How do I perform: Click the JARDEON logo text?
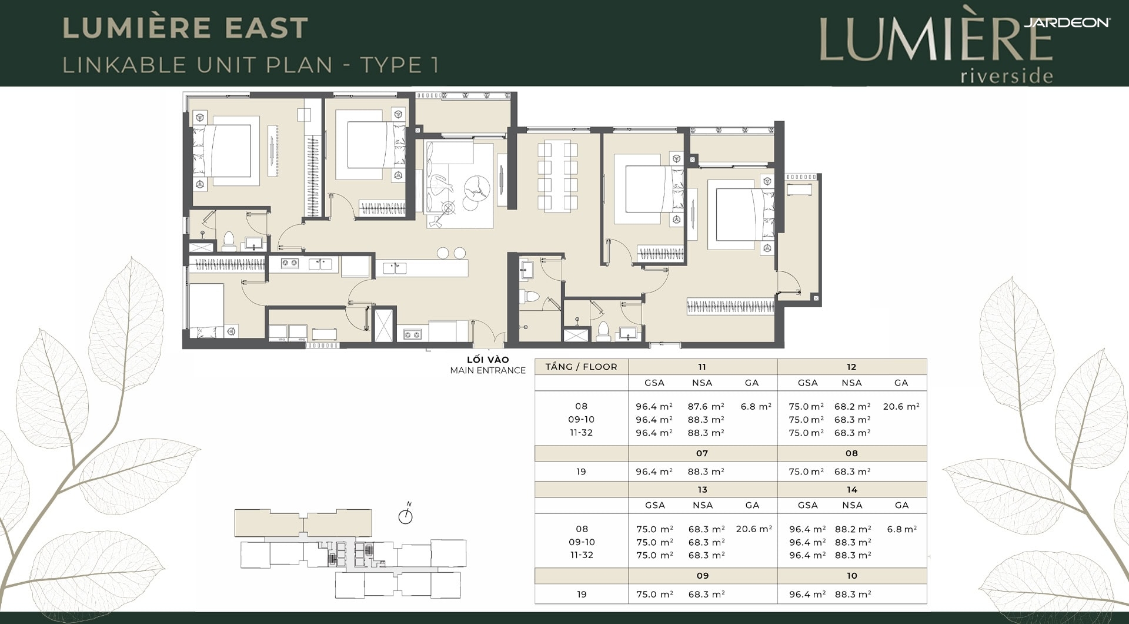[1067, 22]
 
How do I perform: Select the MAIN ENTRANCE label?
[487, 370]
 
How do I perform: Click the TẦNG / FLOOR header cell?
[581, 367]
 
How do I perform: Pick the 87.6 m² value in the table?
[706, 406]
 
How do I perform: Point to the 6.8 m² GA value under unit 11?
[756, 406]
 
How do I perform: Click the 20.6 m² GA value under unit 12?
[901, 406]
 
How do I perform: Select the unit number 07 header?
[702, 453]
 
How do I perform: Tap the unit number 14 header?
[852, 490]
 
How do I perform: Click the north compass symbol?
[406, 516]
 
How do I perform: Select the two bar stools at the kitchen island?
[451, 253]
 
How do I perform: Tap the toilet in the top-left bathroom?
[229, 241]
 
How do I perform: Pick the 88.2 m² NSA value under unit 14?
[853, 529]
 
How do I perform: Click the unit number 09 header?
[702, 576]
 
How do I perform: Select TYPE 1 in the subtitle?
[400, 65]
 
